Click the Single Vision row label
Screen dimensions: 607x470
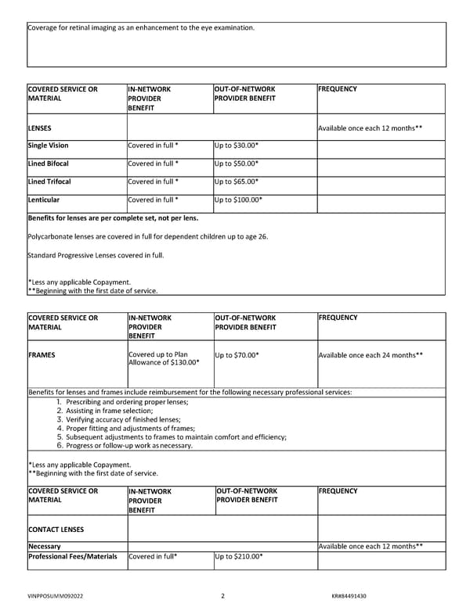(x=48, y=145)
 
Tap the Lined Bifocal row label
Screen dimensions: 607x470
(x=48, y=163)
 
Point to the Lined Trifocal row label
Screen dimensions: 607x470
(x=49, y=181)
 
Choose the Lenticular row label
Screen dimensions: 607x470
(x=44, y=199)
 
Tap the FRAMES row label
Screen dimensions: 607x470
(x=41, y=355)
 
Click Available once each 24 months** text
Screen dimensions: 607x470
(x=371, y=355)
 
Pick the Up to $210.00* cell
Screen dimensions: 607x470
(x=238, y=557)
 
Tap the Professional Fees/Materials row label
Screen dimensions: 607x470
(x=72, y=557)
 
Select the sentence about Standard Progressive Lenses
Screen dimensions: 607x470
(x=96, y=255)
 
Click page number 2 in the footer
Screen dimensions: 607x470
(x=222, y=596)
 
